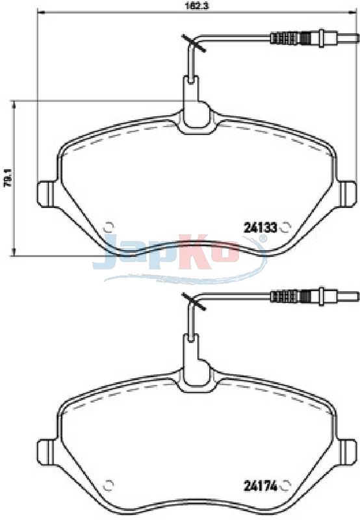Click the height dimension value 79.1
(7, 178)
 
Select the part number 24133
(260, 228)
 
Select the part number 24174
(260, 486)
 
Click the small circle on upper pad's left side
(109, 227)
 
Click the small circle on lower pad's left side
(109, 485)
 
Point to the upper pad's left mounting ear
(46, 194)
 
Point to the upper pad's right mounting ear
(348, 194)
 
